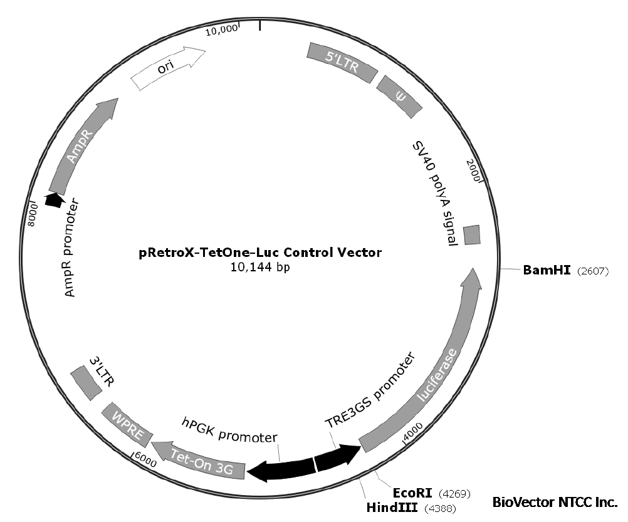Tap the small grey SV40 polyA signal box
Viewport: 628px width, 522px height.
point(471,234)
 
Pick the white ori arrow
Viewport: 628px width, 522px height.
point(168,67)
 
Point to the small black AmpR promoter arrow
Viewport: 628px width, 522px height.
point(54,199)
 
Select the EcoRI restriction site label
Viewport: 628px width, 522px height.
point(414,493)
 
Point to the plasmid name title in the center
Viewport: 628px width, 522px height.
point(259,253)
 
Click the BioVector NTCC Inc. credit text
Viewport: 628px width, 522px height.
point(555,502)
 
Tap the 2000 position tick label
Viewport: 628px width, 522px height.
point(474,169)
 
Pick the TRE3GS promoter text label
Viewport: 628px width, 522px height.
point(370,391)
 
